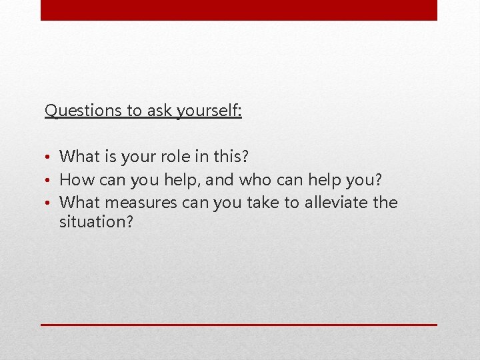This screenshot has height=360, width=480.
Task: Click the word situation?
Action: [96, 222]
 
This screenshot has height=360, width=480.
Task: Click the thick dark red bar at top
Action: [239, 10]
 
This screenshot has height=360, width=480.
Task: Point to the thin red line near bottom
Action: [239, 325]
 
